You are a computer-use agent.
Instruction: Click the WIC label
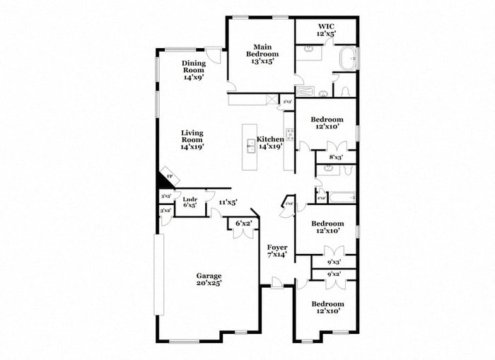pos(326,25)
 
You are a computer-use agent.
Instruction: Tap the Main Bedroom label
pos(262,50)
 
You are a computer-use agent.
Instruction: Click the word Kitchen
pos(269,139)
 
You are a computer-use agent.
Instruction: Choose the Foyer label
pos(276,248)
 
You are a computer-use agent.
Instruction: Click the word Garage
pos(209,276)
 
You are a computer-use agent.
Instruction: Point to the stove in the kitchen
pos(289,134)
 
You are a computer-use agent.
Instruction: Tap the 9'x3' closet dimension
pos(333,262)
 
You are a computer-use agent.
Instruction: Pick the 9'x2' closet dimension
pos(333,274)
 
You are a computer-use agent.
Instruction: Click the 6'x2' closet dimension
pos(243,223)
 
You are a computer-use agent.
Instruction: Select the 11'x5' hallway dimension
pos(227,202)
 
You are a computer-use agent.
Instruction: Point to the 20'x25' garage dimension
pos(209,283)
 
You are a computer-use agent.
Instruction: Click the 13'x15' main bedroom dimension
pos(262,62)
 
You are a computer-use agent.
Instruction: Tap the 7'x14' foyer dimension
pos(276,255)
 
